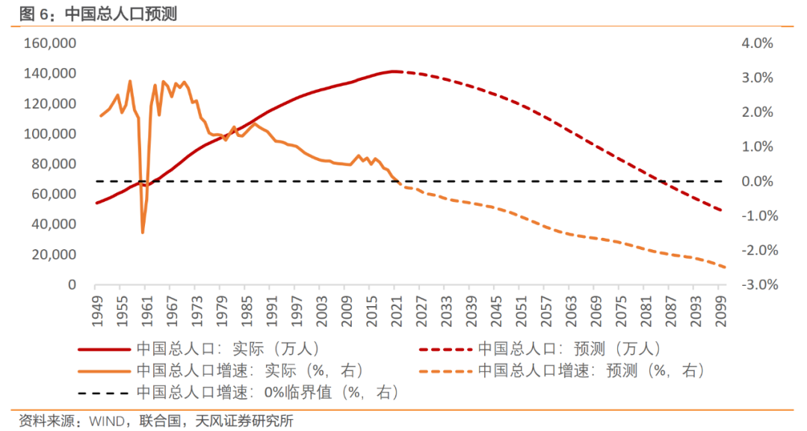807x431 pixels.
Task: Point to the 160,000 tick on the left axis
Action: click(52, 43)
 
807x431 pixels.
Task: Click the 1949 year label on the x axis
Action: click(96, 307)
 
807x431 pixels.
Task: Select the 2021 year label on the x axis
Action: click(396, 307)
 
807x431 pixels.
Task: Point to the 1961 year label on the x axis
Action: click(146, 307)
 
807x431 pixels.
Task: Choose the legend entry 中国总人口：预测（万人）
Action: click(569, 349)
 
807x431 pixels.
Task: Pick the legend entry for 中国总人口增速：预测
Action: click(590, 370)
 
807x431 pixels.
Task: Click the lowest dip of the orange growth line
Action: click(142, 233)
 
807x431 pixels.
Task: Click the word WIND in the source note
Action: click(104, 421)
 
